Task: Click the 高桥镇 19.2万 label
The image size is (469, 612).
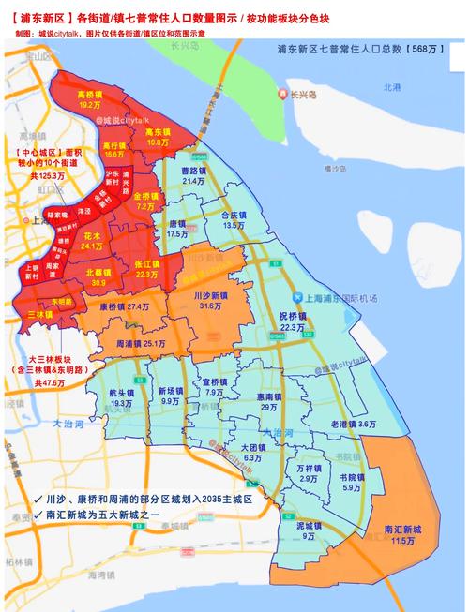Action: click(x=89, y=99)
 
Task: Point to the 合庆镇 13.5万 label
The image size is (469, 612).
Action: click(x=234, y=219)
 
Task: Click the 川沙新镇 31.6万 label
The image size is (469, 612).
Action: click(x=209, y=300)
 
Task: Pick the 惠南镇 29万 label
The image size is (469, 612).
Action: click(x=268, y=401)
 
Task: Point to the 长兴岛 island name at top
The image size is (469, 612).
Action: click(x=305, y=92)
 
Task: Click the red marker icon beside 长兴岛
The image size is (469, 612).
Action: click(x=282, y=93)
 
